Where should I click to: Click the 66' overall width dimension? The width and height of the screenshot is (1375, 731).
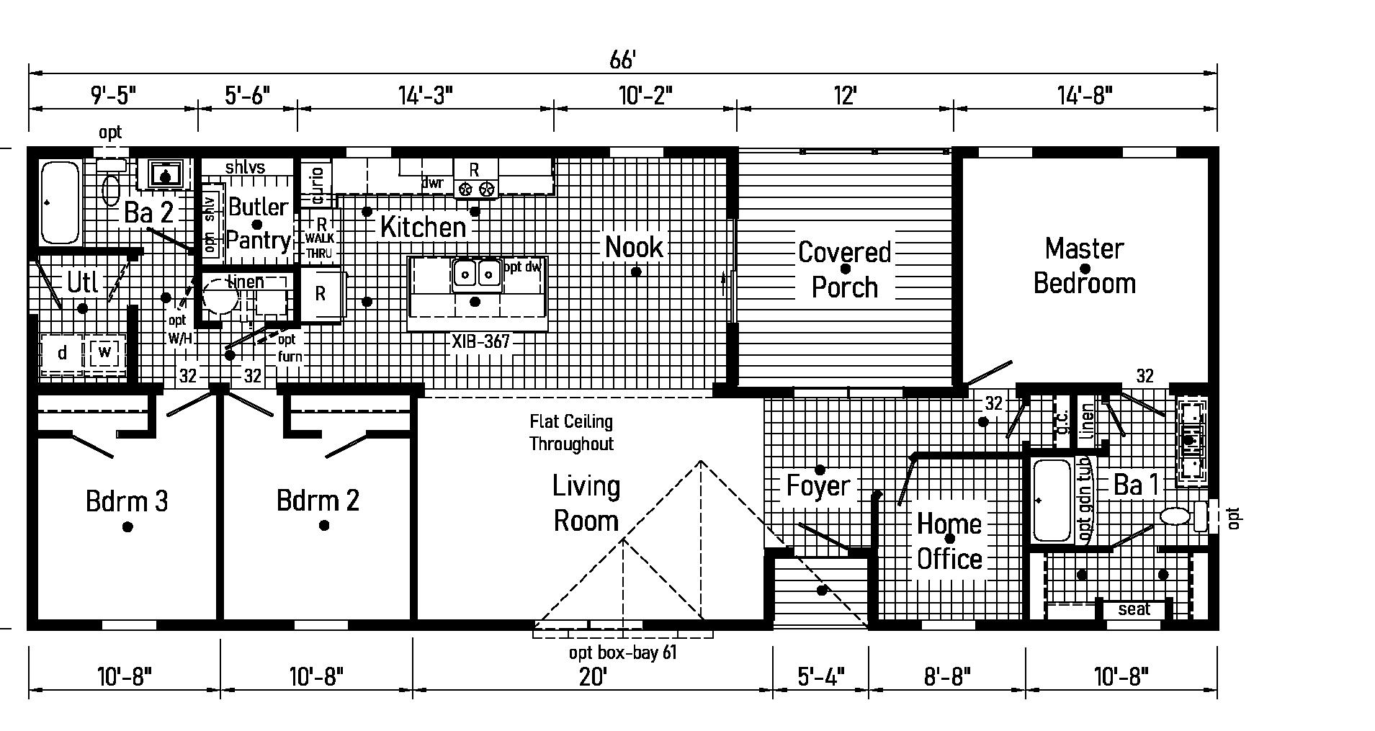point(622,60)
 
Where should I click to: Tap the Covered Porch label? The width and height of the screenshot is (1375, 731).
point(845,269)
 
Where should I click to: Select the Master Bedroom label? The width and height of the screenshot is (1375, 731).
point(1084,266)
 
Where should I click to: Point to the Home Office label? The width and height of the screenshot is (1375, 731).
point(949,542)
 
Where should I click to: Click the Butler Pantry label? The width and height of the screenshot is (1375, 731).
point(258,223)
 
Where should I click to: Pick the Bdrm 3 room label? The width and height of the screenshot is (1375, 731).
point(127,501)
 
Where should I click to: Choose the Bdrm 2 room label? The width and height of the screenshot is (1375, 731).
point(318,501)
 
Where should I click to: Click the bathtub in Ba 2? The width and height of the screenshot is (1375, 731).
point(60,202)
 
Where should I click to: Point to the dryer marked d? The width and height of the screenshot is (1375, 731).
point(63,353)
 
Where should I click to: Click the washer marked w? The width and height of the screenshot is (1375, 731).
point(105,352)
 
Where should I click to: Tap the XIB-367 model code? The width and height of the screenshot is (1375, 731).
point(480,341)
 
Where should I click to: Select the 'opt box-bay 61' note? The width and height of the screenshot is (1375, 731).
point(622,653)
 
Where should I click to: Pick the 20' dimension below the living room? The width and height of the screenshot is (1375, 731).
point(592,677)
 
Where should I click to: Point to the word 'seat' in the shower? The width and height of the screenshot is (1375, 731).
point(1134,609)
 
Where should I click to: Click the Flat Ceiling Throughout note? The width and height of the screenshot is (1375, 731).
point(571,432)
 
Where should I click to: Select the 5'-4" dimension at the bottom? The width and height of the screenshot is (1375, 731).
point(821,677)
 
